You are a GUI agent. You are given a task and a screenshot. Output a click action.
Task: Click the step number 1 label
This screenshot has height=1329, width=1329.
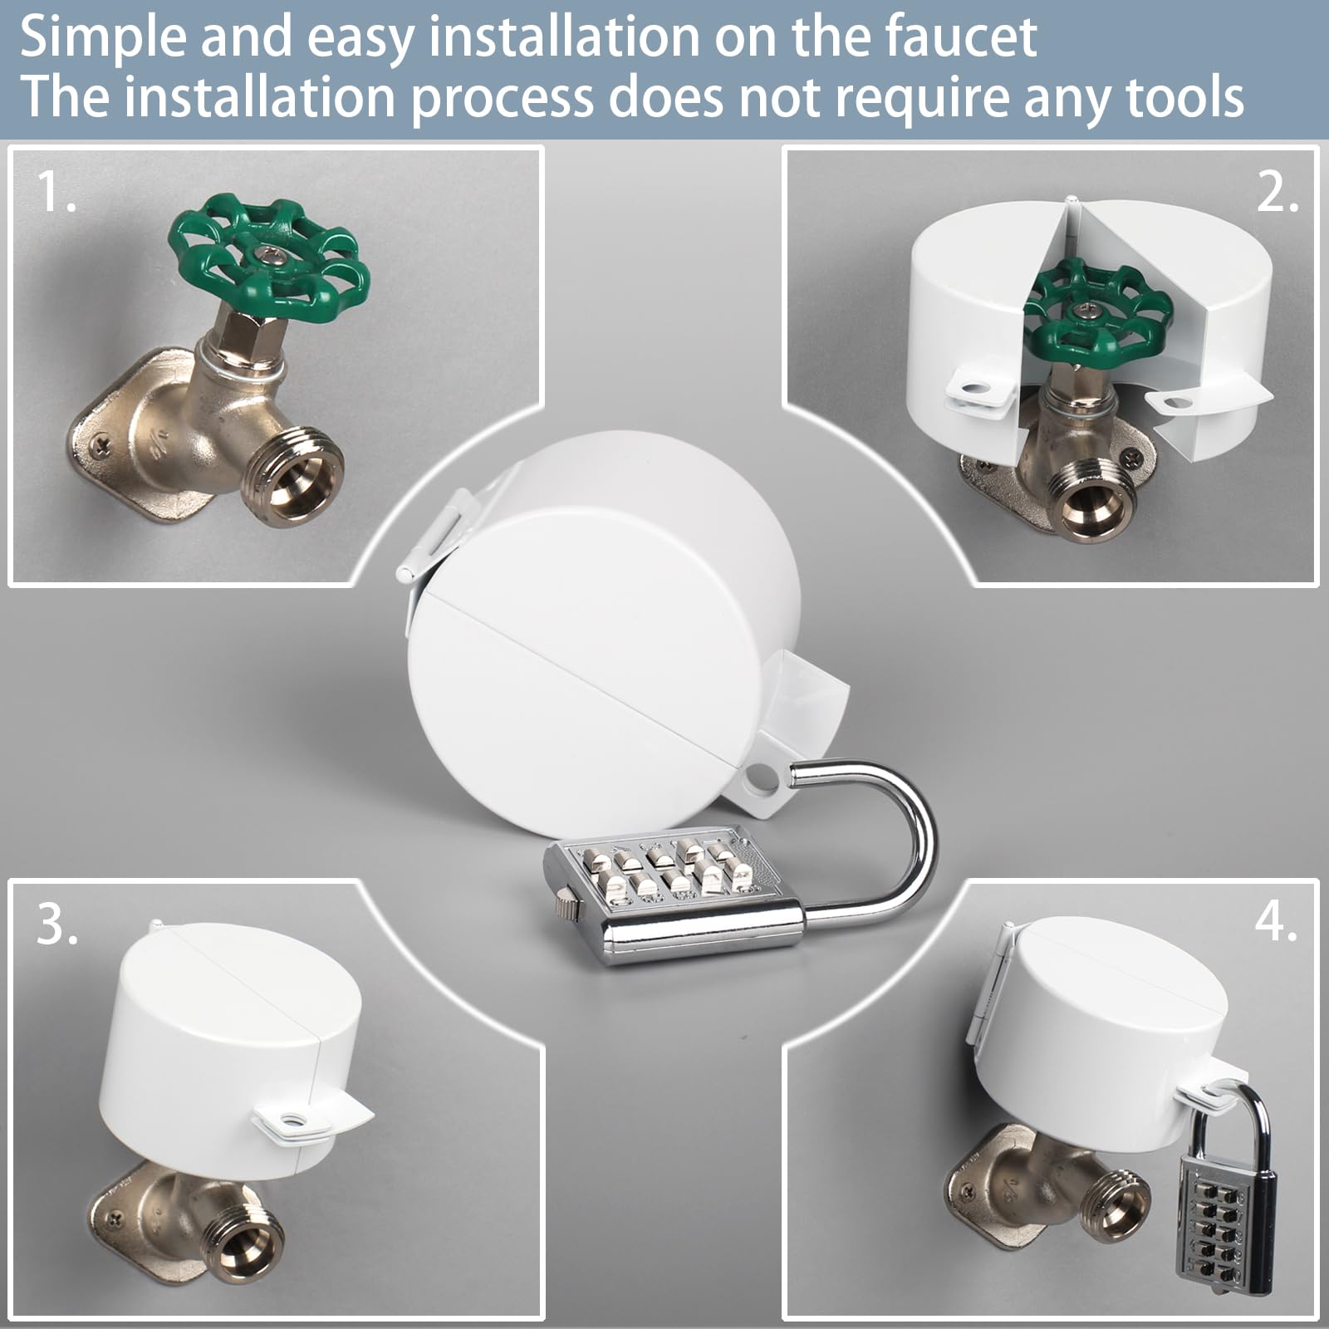coord(56,193)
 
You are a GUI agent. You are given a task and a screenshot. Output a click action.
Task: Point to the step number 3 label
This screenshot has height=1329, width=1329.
coord(56,924)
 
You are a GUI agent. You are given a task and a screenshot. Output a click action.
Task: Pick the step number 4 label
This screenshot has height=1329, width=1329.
coord(1276,920)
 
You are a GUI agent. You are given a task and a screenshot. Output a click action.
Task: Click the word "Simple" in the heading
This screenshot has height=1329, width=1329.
coord(101,37)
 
